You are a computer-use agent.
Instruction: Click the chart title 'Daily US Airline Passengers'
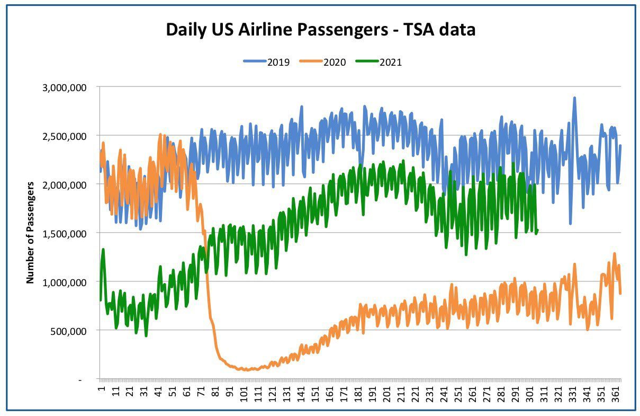point(277,30)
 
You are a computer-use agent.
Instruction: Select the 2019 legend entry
point(267,62)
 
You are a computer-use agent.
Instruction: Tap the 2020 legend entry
point(322,62)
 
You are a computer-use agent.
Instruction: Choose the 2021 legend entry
point(379,62)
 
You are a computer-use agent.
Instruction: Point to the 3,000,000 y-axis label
point(64,87)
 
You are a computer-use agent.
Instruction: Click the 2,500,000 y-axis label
point(64,137)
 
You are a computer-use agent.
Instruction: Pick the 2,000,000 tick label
point(64,185)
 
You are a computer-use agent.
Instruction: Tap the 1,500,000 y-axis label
point(64,234)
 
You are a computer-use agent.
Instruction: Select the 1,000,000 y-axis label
point(64,282)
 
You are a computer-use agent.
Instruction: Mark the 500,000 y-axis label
point(68,331)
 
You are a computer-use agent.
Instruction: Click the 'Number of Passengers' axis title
point(30,233)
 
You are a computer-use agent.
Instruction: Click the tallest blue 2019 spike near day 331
point(574,98)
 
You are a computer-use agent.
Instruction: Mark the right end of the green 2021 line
point(537,231)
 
